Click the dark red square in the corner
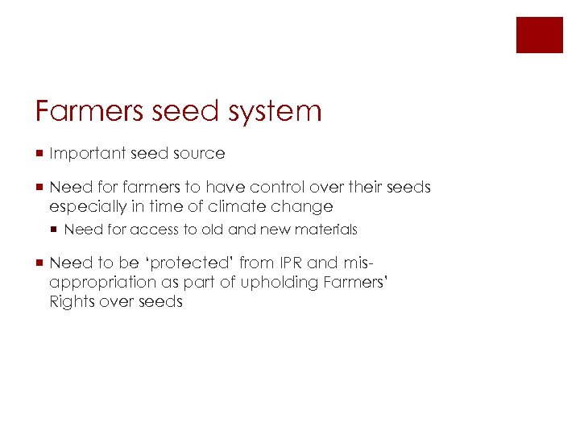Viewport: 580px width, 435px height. [539, 35]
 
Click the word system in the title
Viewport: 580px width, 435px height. [275, 111]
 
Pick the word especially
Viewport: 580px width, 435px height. [88, 207]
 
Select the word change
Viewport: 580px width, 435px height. [304, 207]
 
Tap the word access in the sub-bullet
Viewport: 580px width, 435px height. [155, 230]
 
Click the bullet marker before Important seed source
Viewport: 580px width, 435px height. [39, 153]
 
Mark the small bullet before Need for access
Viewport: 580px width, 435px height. [55, 230]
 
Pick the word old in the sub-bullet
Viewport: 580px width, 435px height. [213, 230]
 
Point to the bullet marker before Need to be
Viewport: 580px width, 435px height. [39, 263]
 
